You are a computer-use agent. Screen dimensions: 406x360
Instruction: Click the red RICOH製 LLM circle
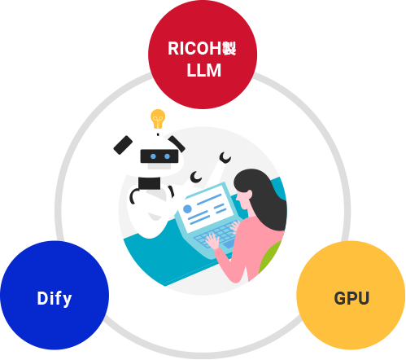tap(203, 55)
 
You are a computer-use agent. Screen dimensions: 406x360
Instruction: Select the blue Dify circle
tap(55, 295)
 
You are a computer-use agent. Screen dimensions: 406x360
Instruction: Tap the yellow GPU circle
tap(351, 295)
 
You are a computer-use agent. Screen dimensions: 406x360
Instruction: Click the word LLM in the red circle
tap(203, 70)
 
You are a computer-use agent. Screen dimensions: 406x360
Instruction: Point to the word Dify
tap(55, 299)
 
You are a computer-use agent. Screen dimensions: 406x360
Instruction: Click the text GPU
tap(351, 298)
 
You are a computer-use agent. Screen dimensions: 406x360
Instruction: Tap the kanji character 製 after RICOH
tap(229, 49)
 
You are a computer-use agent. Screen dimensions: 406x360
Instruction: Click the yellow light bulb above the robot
tap(158, 119)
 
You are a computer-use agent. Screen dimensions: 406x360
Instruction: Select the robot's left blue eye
tap(153, 156)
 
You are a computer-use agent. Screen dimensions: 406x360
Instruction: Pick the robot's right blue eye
tap(167, 156)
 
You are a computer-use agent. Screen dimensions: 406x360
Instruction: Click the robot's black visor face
tap(159, 156)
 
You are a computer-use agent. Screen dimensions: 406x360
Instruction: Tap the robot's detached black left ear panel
tap(123, 145)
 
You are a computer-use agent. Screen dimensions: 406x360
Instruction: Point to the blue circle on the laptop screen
tap(187, 209)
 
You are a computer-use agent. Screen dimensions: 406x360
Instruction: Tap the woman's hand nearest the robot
tap(212, 241)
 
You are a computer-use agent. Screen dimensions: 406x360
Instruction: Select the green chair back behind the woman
tap(270, 257)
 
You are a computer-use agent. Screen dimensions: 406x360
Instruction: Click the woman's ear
tap(249, 194)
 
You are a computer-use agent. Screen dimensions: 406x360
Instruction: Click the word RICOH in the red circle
tap(194, 49)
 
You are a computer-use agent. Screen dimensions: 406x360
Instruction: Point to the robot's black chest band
tap(149, 183)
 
